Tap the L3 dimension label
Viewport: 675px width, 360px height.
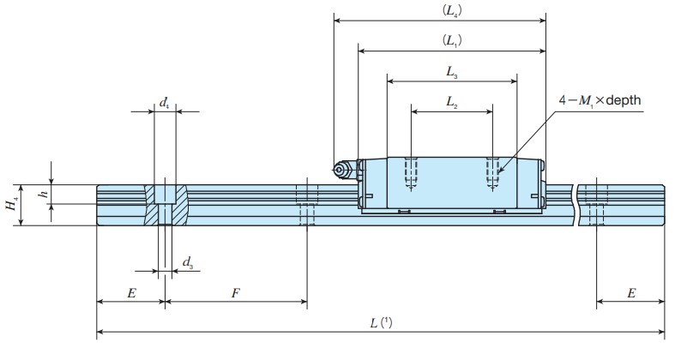452,73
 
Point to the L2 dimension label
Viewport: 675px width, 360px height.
452,101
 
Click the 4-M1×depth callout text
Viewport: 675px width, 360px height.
600,100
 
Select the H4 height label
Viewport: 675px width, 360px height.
10,205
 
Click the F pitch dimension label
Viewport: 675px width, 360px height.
235,293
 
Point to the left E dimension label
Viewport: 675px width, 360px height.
131,293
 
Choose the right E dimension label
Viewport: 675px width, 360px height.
631,293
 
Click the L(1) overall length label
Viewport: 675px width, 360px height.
381,323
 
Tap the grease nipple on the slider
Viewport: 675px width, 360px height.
342,171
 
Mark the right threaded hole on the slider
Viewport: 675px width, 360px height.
492,173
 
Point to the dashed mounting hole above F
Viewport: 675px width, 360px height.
306,205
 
